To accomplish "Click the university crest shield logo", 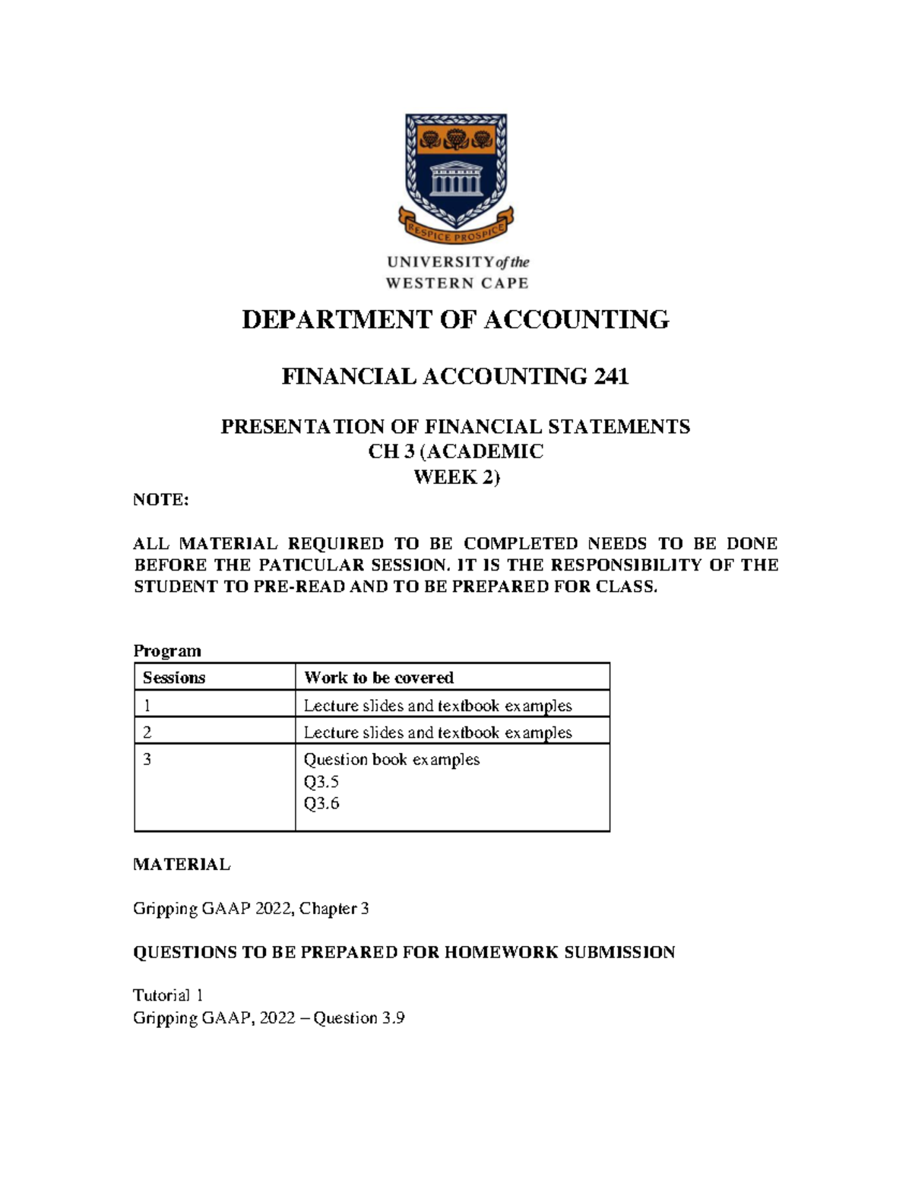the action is (456, 171).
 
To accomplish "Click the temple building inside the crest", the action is (456, 181).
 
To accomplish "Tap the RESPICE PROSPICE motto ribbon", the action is (456, 233).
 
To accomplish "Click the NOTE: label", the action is (160, 500).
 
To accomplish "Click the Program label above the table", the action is (167, 651).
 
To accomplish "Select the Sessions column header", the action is (174, 678).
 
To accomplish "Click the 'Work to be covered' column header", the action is (378, 678).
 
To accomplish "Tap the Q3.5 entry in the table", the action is (321, 782).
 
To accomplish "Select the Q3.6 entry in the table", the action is (321, 804).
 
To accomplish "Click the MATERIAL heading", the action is (182, 865).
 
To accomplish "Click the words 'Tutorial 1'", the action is (168, 995).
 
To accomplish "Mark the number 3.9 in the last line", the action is (393, 1018).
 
